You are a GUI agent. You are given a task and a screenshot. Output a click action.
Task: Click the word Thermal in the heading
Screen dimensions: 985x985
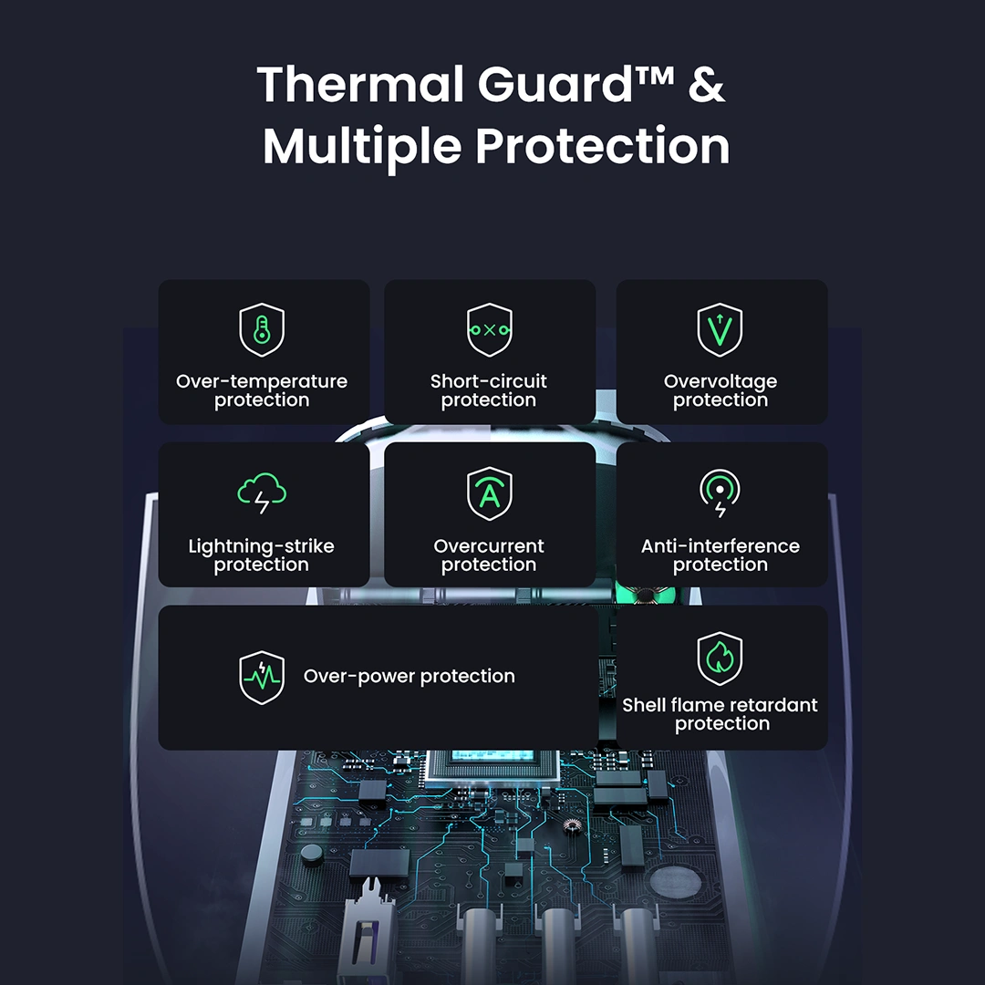359,85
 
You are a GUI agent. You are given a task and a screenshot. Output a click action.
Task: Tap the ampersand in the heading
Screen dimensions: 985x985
706,85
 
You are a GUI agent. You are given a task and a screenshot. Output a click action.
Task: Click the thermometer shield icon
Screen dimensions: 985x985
262,330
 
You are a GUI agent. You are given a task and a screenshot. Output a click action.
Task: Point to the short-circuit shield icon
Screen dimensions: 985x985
490,329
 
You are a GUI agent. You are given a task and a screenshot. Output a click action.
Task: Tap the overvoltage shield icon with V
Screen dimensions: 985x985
721,329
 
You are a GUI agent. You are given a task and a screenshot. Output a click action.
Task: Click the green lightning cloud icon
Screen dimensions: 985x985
262,494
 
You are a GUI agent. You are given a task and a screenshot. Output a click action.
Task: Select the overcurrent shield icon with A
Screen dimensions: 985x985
490,494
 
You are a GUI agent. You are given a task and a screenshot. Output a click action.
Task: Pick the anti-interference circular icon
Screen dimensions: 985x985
721,493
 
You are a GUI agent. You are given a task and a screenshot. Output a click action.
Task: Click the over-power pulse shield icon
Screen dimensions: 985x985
262,677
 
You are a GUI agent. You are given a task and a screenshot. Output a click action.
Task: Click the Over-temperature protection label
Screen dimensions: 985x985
262,390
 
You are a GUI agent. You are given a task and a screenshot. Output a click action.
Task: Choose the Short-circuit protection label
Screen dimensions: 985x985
489,390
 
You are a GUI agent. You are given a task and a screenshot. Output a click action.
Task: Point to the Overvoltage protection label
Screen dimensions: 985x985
721,390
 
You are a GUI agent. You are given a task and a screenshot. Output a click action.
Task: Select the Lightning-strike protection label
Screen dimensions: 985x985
262,555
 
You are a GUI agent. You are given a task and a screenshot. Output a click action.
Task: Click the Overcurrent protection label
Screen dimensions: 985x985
489,555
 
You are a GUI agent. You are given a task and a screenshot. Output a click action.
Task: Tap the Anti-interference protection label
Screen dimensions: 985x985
721,555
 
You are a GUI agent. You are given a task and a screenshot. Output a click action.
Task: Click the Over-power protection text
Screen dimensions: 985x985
410,677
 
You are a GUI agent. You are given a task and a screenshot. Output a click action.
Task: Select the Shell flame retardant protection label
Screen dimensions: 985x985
721,714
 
